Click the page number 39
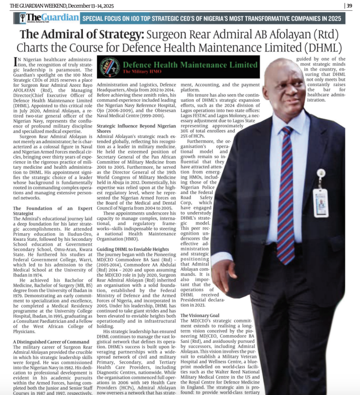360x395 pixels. coord(349,5)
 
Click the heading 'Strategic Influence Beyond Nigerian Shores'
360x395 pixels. coord(136,128)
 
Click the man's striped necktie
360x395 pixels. coord(286,193)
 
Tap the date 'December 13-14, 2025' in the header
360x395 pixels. coord(91,5)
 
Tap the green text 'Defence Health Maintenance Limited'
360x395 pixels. coord(190,65)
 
